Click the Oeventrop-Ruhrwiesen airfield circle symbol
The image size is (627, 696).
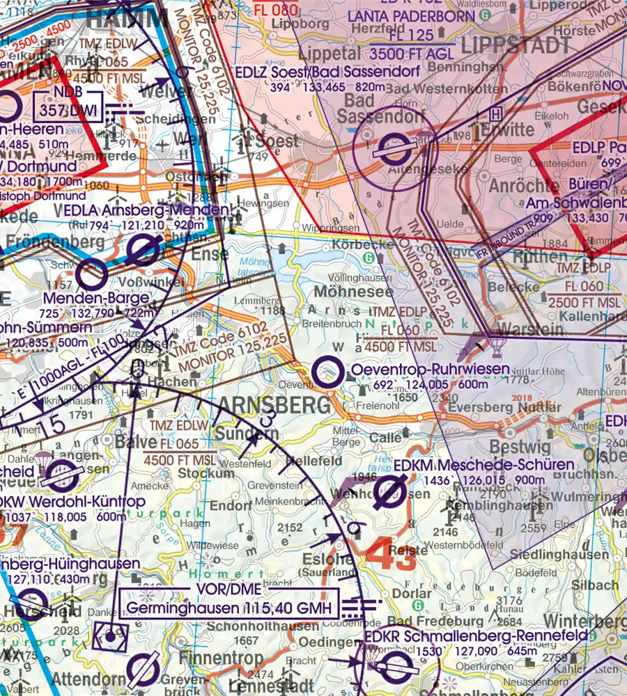(x=325, y=372)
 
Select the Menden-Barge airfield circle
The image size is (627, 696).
(x=91, y=275)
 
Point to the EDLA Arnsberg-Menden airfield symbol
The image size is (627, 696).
(x=144, y=248)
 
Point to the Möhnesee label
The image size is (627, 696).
(x=353, y=292)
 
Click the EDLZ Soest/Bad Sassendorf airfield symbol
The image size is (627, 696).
(x=387, y=147)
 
